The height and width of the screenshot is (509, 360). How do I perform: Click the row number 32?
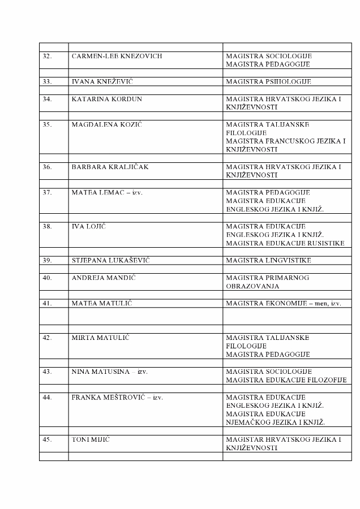(48, 57)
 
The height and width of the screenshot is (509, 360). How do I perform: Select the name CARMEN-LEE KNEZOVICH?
(117, 57)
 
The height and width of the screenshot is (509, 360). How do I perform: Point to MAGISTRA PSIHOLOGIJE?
(268, 82)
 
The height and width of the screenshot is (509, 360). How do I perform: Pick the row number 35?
(48, 124)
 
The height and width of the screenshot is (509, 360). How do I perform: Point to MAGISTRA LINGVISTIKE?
(268, 260)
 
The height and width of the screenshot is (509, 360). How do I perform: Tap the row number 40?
(48, 278)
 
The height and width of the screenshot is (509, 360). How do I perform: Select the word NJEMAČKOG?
(247, 422)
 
